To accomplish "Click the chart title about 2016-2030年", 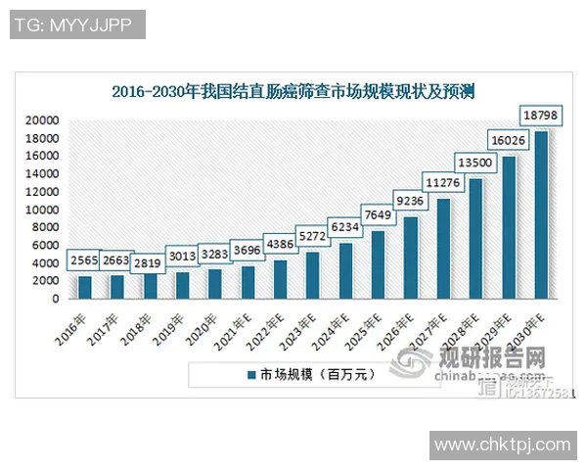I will coord(293,93).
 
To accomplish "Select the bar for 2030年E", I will coord(541,214).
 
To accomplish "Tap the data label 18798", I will coord(541,117).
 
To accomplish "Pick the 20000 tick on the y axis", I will coord(42,119).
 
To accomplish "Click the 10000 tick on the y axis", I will coord(42,210).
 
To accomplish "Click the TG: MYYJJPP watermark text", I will coord(77,24).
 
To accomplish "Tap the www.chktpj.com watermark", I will coord(502,446).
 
